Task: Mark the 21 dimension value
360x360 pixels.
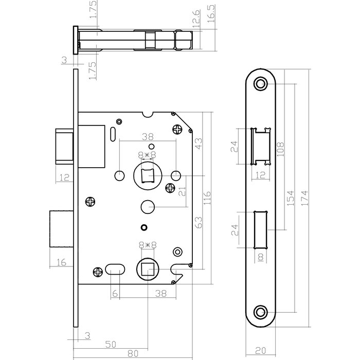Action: [181, 191]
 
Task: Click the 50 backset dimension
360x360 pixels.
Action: [110, 343]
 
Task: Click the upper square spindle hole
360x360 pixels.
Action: [148, 175]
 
